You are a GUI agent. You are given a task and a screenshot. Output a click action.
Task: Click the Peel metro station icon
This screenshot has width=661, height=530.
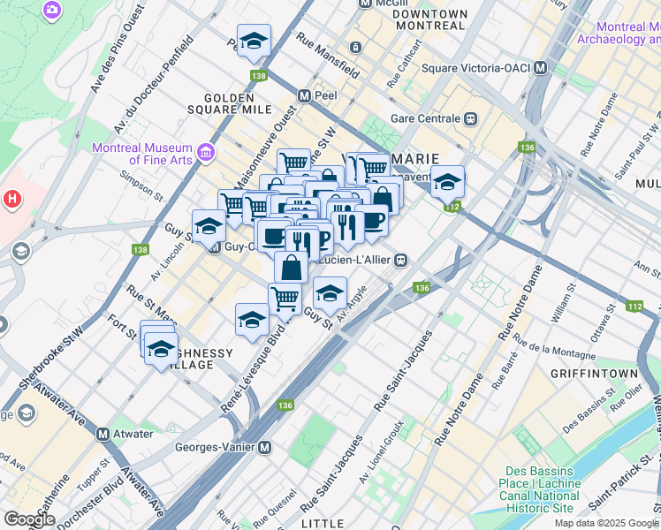[x=304, y=95]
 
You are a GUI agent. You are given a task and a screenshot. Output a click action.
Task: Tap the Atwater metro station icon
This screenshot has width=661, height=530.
[x=103, y=434]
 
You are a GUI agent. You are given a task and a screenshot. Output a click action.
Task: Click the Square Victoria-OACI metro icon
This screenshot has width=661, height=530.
[x=541, y=68]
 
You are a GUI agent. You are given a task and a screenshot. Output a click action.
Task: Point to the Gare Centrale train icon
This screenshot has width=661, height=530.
[x=472, y=118]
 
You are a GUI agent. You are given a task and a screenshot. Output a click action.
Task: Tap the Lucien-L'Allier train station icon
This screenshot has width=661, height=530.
[x=401, y=260]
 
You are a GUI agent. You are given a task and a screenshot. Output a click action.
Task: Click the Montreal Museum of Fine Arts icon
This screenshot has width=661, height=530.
[x=206, y=154]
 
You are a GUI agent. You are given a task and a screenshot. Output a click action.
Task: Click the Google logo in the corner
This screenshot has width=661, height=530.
[x=29, y=519]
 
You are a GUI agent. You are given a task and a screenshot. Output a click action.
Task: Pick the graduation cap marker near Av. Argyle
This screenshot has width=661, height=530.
[x=330, y=293]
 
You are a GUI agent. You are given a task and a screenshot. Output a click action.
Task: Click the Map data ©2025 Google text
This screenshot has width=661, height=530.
[x=606, y=523]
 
